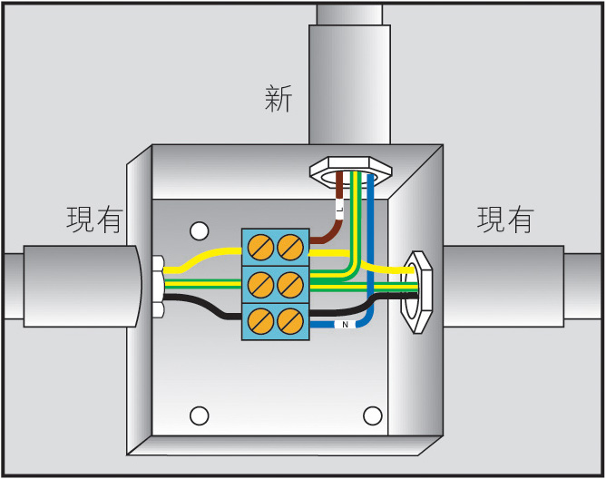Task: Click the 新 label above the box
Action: pos(279,98)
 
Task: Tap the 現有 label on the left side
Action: pos(94,220)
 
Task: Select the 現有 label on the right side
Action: pos(505,220)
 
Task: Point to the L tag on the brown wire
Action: pos(339,210)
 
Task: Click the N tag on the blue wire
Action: pos(345,324)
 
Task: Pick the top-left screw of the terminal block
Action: pos(259,245)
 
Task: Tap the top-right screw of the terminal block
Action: pos(289,245)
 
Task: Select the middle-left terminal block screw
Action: pos(259,283)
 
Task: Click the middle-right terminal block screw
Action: pos(289,283)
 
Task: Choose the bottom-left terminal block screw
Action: pos(259,320)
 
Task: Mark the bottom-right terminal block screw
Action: pos(289,320)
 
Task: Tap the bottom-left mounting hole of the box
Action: pos(199,415)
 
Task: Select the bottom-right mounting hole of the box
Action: pos(372,415)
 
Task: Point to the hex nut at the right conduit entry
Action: pos(417,290)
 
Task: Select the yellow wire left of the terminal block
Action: pos(204,258)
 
